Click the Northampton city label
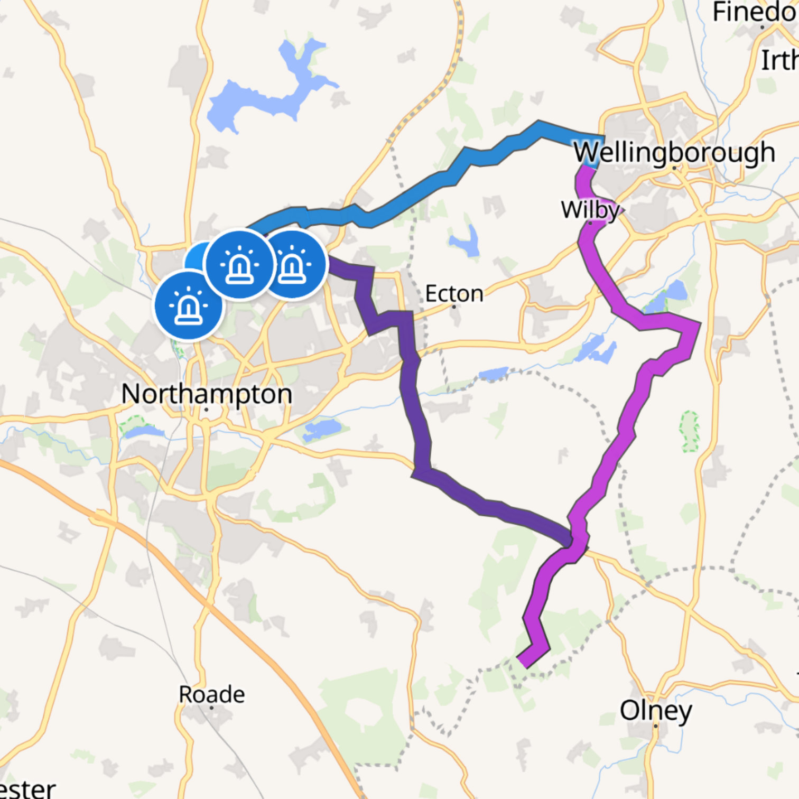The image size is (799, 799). click(x=207, y=394)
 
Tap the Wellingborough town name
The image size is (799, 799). click(x=674, y=153)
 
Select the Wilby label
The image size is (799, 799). click(x=590, y=210)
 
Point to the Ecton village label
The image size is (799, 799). click(x=454, y=294)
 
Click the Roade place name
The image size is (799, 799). click(x=211, y=694)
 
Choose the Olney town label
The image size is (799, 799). click(x=655, y=711)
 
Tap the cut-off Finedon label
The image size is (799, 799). click(x=756, y=12)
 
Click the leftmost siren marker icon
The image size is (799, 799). click(x=189, y=305)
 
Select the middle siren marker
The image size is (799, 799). click(x=240, y=264)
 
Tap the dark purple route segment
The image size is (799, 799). click(x=417, y=412)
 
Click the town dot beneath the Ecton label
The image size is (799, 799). click(x=454, y=306)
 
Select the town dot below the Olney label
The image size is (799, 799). click(x=655, y=726)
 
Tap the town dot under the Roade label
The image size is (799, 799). click(x=211, y=708)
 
